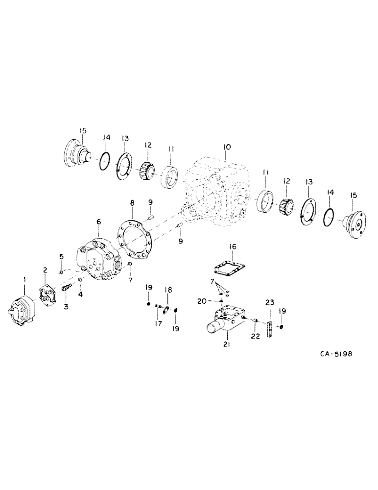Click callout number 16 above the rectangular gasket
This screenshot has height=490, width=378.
tap(233, 247)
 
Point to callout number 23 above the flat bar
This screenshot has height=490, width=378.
tap(269, 302)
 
